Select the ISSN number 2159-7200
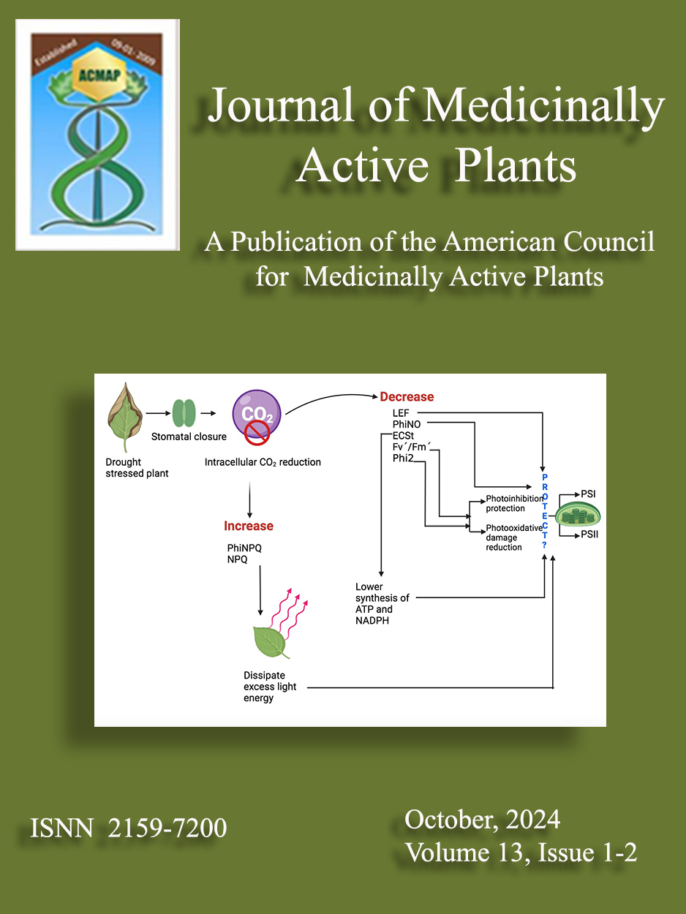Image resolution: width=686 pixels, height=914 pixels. tap(167, 828)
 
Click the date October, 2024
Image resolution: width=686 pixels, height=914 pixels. tap(482, 820)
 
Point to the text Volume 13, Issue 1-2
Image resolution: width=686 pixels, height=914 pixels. tap(521, 853)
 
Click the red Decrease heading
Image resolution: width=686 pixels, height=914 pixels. tap(407, 397)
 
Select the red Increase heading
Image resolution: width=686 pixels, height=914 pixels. tap(249, 526)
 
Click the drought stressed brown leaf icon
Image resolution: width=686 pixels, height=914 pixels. tap(124, 419)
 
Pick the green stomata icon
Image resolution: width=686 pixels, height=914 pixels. tap(184, 414)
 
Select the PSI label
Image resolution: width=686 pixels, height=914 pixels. tap(589, 494)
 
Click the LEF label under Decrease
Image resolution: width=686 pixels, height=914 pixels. tap(401, 414)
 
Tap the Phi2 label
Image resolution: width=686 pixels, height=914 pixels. tap(403, 458)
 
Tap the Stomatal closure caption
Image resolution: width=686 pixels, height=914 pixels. tap(189, 437)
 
